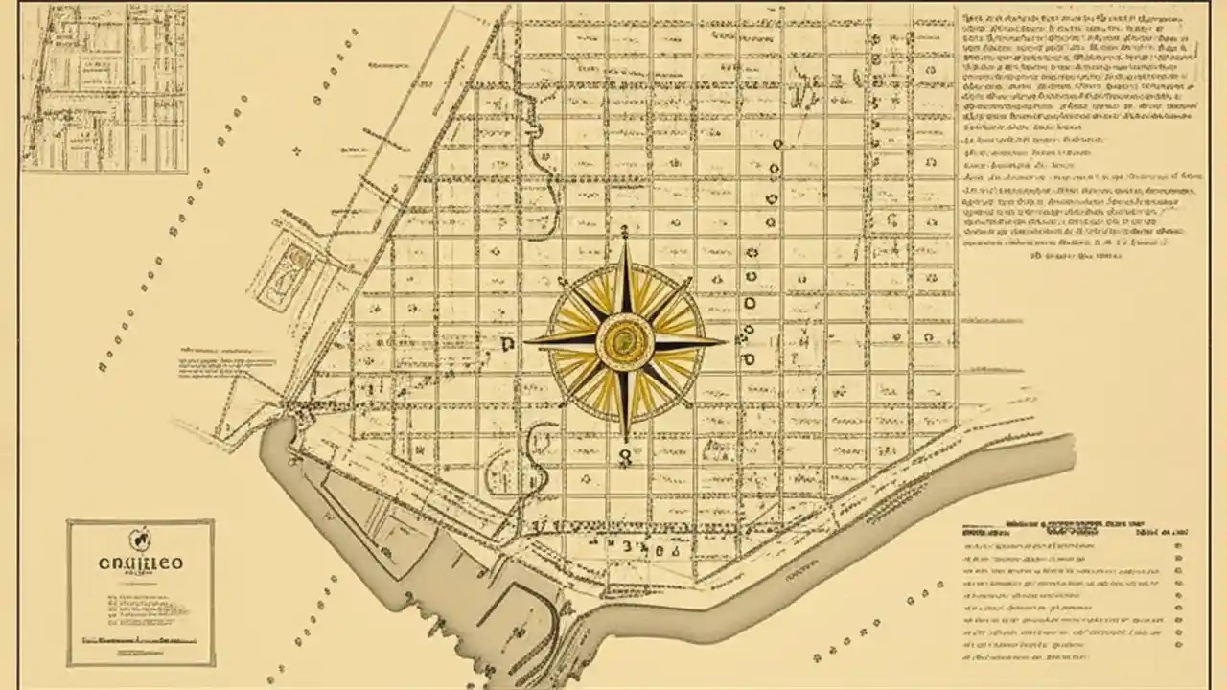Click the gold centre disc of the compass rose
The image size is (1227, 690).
click(625, 339)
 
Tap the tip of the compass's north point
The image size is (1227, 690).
click(625, 230)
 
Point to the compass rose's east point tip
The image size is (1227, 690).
click(726, 340)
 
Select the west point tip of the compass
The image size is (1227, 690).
click(525, 340)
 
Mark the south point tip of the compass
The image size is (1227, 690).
click(625, 443)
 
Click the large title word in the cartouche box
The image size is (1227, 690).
click(141, 563)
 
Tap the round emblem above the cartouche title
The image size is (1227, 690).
click(140, 539)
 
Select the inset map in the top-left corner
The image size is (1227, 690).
click(104, 88)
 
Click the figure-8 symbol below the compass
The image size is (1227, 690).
click(625, 459)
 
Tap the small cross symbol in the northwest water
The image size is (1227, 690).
click(297, 150)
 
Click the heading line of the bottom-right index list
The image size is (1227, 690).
click(1074, 527)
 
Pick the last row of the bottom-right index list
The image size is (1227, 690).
click(1040, 658)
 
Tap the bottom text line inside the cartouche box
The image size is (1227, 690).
click(140, 637)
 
